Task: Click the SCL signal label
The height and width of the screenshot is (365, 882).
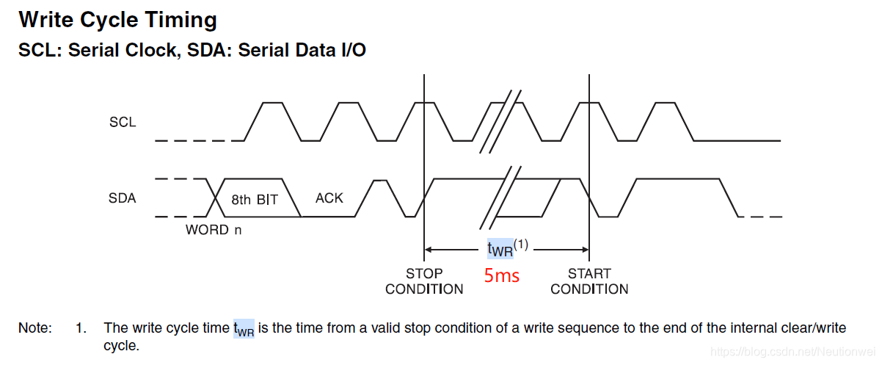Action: click(x=123, y=122)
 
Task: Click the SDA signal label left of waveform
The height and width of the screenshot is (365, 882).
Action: click(x=123, y=198)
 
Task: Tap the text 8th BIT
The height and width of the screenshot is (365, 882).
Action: click(x=255, y=199)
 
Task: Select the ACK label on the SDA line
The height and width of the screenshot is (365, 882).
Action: click(x=329, y=198)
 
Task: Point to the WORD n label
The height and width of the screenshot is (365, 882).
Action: click(x=214, y=230)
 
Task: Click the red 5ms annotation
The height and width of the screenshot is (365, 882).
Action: click(x=502, y=276)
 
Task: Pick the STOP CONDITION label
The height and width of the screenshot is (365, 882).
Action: click(x=424, y=281)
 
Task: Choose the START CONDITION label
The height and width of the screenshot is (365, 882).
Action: click(x=589, y=281)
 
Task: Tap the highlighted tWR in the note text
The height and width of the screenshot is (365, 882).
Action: click(x=244, y=329)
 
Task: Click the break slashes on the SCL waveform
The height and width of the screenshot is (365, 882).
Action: click(x=500, y=122)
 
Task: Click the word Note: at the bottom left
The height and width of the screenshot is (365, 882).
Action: click(x=35, y=328)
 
